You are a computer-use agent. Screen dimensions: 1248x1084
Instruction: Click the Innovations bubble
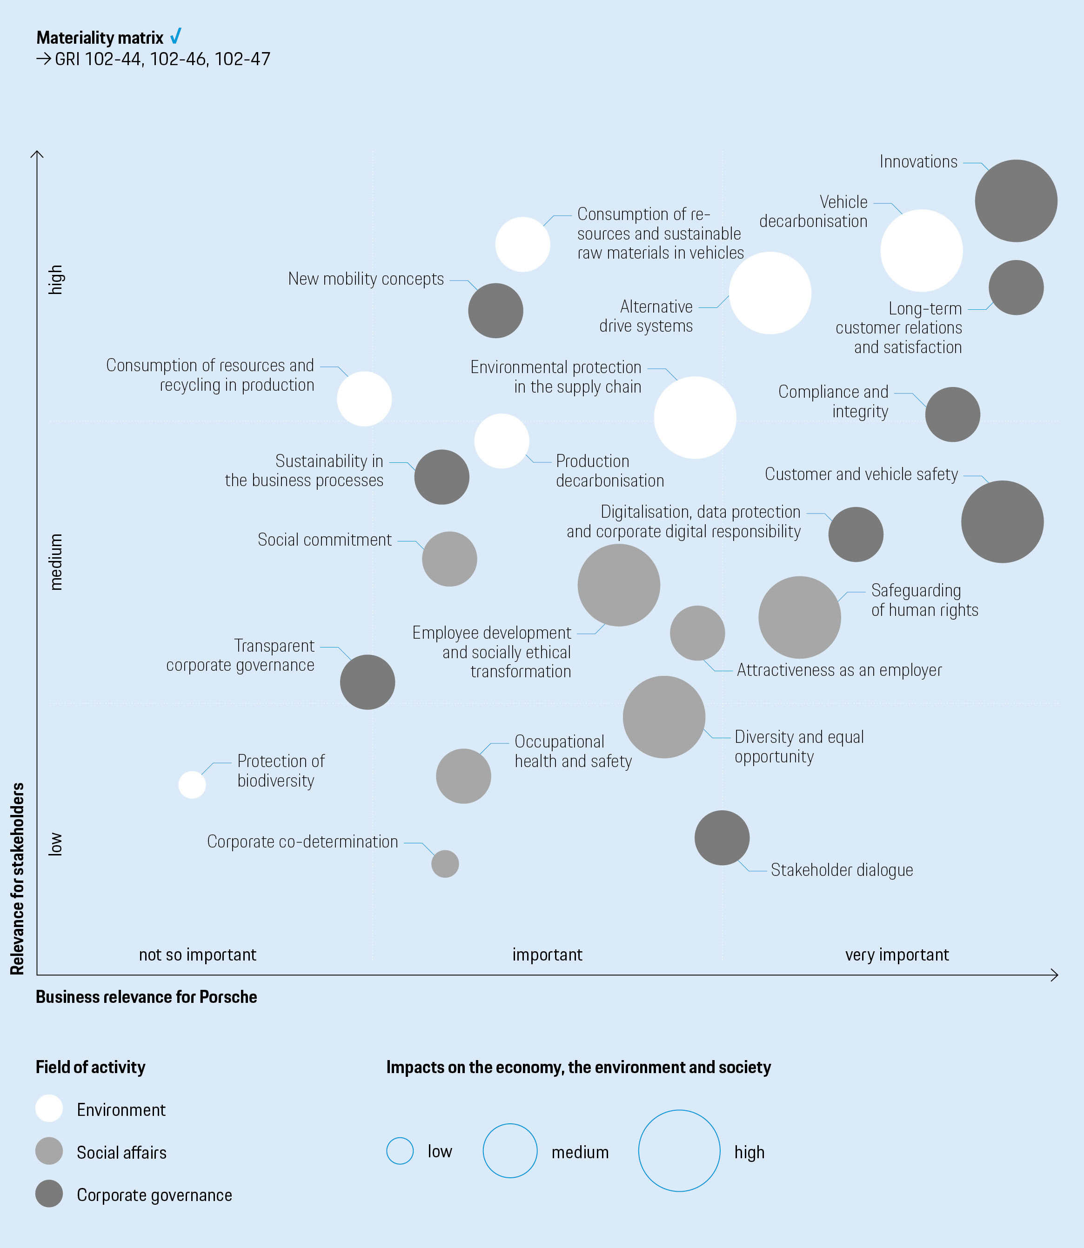(1016, 201)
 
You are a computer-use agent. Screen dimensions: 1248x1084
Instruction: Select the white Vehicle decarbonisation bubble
(921, 250)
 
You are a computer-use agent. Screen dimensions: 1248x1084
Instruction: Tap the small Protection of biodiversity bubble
(192, 785)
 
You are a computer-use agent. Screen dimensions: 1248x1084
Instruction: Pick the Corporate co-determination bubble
(445, 863)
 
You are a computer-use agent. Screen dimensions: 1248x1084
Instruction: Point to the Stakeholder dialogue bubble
(722, 837)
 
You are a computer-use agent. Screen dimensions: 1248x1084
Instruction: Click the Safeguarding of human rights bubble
(799, 617)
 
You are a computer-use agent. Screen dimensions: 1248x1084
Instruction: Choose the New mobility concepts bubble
(495, 311)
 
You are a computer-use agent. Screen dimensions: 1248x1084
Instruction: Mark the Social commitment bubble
(449, 559)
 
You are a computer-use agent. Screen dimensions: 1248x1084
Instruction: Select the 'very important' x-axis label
(897, 955)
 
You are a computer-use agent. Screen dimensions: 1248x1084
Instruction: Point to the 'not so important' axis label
(197, 955)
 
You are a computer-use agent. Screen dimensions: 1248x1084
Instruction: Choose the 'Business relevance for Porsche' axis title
(147, 997)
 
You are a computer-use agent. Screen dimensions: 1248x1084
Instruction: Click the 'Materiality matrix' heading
(100, 38)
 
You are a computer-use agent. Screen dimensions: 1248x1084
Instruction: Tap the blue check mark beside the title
(175, 36)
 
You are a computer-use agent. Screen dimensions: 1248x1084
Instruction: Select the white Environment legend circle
(49, 1108)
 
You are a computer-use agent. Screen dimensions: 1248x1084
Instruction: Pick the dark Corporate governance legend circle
(49, 1194)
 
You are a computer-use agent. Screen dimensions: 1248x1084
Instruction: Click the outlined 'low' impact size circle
(400, 1151)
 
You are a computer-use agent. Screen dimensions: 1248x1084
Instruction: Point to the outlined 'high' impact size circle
(679, 1151)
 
